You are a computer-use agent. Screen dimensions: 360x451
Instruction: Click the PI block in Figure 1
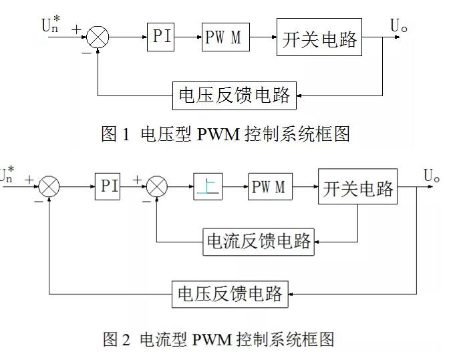point(160,36)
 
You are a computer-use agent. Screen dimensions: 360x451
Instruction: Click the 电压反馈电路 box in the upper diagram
point(233,96)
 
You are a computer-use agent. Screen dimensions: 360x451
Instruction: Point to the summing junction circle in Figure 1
point(99,37)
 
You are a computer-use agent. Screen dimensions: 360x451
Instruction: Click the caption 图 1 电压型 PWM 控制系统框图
point(225,134)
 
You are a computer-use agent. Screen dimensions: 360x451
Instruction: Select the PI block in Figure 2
point(109,186)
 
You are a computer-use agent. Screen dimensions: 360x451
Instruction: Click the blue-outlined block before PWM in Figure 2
point(207,186)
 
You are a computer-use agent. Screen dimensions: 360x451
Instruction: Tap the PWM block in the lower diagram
point(269,186)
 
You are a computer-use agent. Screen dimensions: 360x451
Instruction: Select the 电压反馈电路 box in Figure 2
point(231,293)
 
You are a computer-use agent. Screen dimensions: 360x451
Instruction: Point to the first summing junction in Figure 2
point(49,186)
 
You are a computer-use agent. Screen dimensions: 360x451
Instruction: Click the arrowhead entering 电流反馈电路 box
point(317,240)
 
